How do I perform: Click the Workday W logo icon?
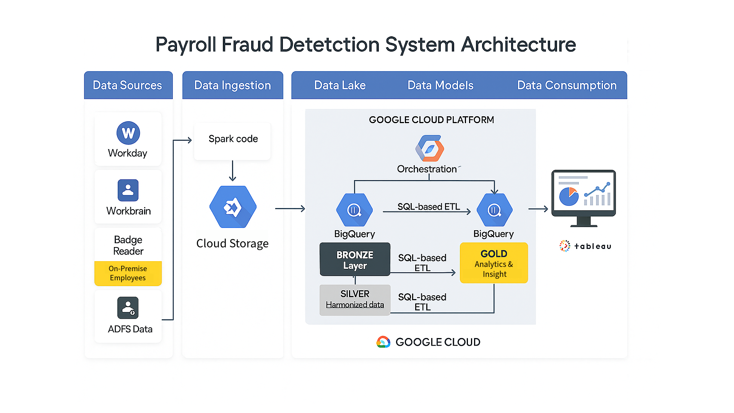128,133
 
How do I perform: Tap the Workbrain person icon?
128,190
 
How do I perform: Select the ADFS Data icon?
128,308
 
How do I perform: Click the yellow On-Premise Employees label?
128,273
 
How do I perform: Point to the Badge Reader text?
128,245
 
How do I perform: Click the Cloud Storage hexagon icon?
233,207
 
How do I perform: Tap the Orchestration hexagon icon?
430,148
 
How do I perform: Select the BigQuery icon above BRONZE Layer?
354,210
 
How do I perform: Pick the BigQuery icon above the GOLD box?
494,210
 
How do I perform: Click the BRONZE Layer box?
355,260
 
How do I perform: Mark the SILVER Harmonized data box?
355,300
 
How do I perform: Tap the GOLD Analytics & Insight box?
494,263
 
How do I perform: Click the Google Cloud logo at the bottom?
383,342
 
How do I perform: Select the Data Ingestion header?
232,85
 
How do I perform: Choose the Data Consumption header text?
567,85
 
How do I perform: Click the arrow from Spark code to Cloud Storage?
232,171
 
